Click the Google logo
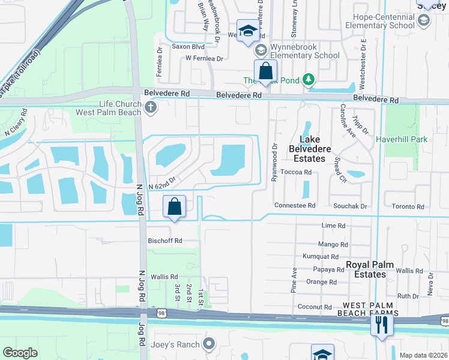[20, 353]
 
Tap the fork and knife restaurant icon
[382, 325]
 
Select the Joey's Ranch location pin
[208, 344]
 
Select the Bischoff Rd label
[164, 241]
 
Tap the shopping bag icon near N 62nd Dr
[174, 207]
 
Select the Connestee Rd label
[294, 205]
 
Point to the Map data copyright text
[423, 355]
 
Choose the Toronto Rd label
[408, 206]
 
